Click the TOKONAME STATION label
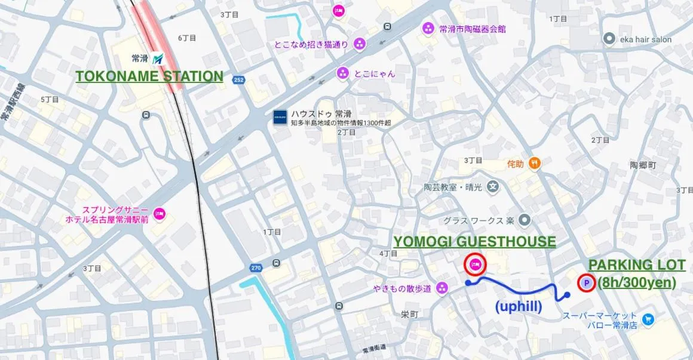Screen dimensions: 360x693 click(149, 76)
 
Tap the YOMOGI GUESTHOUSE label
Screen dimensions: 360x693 click(474, 241)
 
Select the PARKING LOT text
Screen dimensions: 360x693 click(637, 265)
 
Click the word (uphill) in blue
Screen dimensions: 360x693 click(519, 306)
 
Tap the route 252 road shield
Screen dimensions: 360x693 click(238, 79)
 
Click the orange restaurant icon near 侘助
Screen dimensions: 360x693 click(535, 162)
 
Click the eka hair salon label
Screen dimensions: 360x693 click(645, 39)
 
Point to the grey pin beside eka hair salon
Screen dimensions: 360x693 click(609, 39)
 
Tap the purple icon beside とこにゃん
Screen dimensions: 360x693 click(342, 73)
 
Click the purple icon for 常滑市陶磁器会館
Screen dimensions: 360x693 click(428, 28)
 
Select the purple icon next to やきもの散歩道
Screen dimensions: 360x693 click(441, 288)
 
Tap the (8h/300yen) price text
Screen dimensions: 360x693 click(637, 282)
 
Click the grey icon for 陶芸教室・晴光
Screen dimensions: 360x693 click(492, 186)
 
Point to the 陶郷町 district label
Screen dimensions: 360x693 click(643, 164)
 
